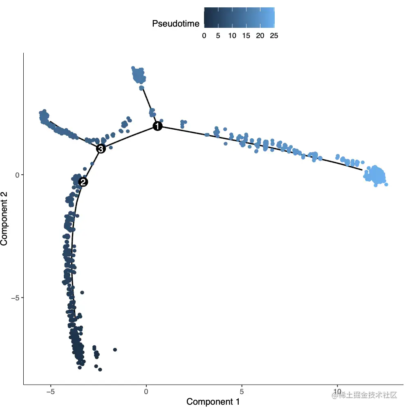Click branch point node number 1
click(157, 126)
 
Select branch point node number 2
click(83, 182)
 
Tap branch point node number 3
click(101, 149)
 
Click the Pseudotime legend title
click(176, 24)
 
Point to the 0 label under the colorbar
click(204, 36)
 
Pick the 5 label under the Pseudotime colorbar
click(218, 36)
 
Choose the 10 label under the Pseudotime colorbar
click(232, 36)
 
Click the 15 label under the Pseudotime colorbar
click(246, 36)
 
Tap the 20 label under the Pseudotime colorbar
click(260, 36)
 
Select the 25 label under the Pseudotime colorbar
click(274, 36)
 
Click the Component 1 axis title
click(213, 402)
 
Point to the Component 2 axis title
click(5, 219)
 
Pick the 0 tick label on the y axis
click(18, 175)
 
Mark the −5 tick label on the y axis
click(16, 297)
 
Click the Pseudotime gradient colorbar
click(239, 18)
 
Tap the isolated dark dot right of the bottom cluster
click(115, 349)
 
